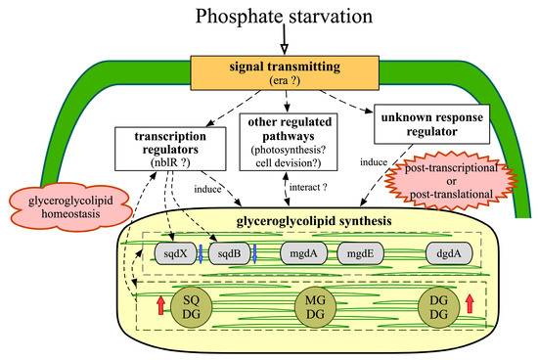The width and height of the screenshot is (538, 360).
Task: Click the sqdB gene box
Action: point(230,254)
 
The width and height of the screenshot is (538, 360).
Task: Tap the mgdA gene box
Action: point(304,254)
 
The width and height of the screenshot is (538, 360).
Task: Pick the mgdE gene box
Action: point(359,254)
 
